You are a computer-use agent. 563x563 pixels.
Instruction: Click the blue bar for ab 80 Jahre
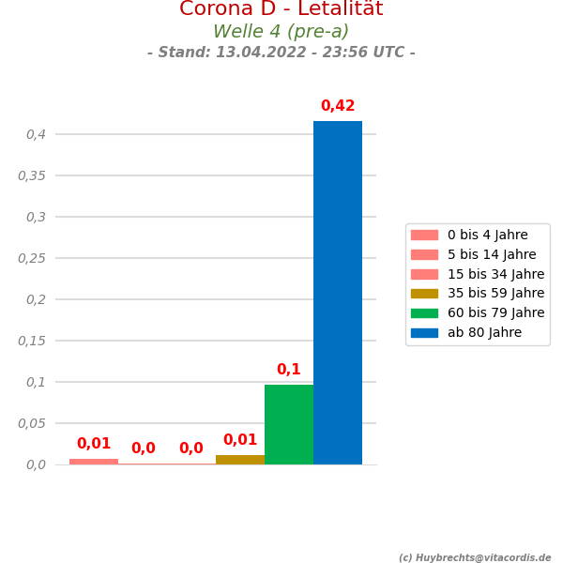[338, 293]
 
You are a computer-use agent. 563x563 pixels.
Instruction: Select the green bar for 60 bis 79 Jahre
[289, 424]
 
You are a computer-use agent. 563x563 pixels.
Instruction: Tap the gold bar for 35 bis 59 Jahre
[240, 460]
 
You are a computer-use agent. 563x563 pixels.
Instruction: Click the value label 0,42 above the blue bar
[338, 106]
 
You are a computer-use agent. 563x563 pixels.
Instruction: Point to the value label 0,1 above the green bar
[289, 370]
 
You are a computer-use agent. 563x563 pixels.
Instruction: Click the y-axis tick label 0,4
[36, 134]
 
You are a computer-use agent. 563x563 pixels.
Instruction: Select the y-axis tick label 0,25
[32, 258]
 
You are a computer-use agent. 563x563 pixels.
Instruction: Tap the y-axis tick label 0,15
[32, 341]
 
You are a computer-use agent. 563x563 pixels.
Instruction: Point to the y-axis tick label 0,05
[32, 423]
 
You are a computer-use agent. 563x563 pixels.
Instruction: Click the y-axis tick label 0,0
[36, 464]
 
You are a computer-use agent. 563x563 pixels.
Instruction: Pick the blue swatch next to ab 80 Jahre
[424, 332]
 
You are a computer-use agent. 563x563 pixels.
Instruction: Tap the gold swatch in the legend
[424, 294]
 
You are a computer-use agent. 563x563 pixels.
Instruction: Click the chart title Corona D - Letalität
[281, 9]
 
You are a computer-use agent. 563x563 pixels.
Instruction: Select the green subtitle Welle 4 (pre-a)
[281, 32]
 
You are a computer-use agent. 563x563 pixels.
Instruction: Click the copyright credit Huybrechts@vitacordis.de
[475, 557]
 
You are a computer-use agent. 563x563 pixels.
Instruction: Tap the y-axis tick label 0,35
[32, 175]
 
